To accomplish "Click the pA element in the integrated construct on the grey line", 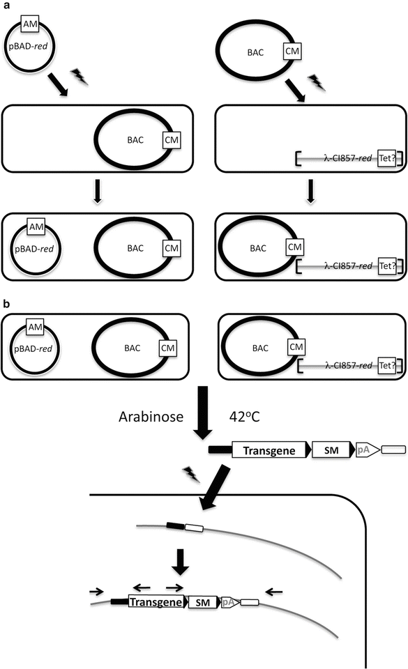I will pyautogui.click(x=227, y=601).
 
